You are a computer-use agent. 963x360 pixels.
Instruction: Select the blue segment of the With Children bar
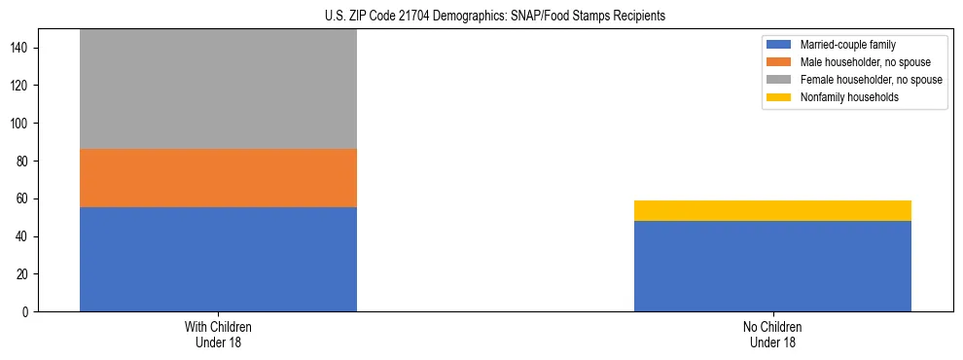point(218,259)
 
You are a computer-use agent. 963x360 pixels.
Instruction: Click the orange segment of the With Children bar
point(218,178)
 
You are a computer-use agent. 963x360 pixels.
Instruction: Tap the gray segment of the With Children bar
point(218,89)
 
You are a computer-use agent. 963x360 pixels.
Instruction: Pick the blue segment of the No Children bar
point(772,266)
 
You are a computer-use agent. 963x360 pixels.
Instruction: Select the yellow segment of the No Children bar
point(772,210)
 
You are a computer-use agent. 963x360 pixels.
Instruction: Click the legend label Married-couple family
point(847,45)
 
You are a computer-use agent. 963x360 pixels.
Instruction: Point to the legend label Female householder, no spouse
point(871,80)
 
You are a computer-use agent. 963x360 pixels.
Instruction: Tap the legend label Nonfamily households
point(848,97)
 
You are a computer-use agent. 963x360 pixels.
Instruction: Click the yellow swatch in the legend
point(779,97)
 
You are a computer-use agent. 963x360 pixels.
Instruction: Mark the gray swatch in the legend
point(779,80)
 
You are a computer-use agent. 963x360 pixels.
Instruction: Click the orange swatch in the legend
point(779,62)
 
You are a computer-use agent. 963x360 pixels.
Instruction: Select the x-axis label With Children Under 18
point(218,334)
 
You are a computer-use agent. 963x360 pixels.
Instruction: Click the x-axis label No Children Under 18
point(772,334)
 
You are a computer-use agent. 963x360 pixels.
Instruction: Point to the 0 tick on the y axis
point(29,312)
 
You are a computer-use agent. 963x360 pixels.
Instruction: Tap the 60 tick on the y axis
point(26,199)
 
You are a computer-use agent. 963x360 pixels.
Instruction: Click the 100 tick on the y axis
point(23,124)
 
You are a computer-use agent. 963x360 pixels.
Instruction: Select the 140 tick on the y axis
point(23,48)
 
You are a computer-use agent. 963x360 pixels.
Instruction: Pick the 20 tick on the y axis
point(26,274)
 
